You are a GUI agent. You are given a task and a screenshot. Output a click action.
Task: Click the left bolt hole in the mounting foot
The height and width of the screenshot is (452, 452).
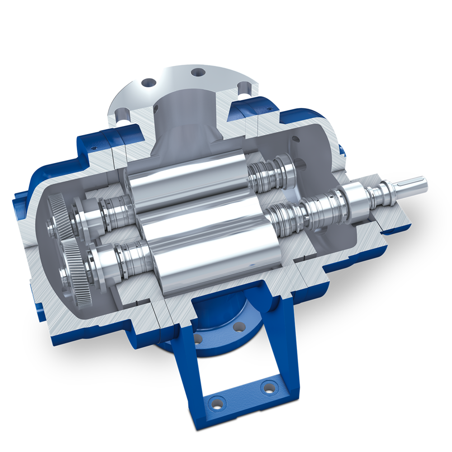coord(217,401)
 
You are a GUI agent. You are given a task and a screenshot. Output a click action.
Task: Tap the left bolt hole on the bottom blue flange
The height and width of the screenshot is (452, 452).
coord(198,338)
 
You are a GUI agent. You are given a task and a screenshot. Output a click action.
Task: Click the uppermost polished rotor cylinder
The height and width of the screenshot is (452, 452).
coord(185,176)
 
